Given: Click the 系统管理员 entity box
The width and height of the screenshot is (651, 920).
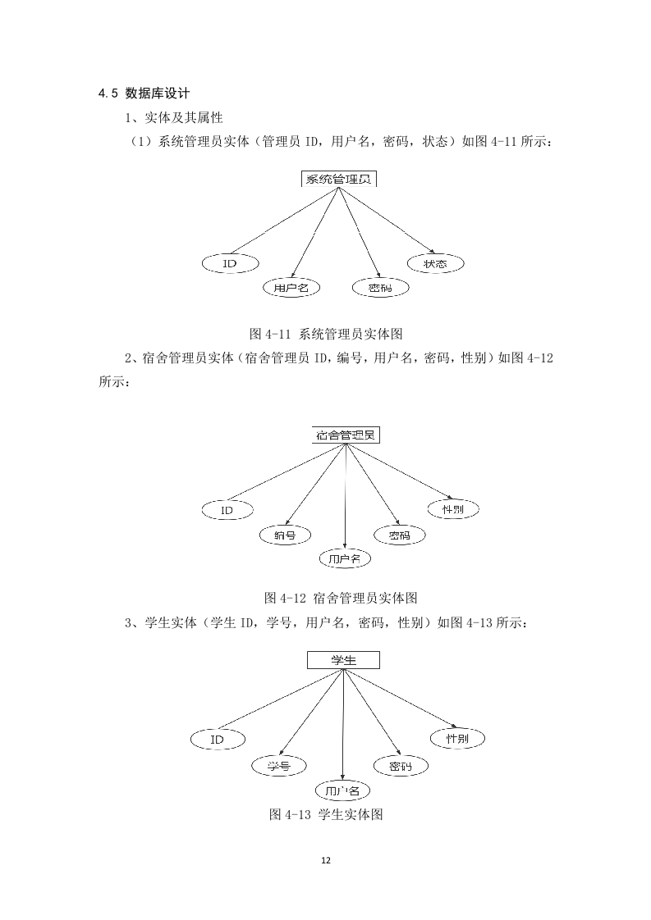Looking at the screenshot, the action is point(339,179).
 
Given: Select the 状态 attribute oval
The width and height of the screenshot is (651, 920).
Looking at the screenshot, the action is point(435,263).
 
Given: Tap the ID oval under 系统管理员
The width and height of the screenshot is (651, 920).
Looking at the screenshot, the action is point(231,263).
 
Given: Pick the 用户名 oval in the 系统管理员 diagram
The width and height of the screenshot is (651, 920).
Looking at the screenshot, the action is point(291,288).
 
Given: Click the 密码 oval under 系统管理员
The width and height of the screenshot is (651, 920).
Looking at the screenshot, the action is point(380,288).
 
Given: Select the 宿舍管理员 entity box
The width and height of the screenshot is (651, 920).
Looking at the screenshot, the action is point(346,435).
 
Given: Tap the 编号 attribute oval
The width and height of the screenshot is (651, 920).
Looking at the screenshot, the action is point(285,535).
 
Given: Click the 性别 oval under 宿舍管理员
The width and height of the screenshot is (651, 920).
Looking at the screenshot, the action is point(453,508).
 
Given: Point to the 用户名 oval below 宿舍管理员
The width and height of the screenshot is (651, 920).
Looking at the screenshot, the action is point(345,558).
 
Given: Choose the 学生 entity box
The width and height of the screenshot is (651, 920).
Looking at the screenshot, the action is point(344,660).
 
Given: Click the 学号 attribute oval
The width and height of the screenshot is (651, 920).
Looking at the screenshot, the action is point(279,766).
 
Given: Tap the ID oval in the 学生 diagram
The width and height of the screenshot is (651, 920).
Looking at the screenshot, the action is point(218,740).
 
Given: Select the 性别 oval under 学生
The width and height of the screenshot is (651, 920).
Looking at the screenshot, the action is point(457,738).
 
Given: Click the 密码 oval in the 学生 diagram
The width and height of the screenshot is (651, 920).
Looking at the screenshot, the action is point(401,766).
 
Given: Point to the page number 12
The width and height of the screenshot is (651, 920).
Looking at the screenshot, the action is point(326,860).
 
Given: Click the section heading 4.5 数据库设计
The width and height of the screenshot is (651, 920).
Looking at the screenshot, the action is point(144,93).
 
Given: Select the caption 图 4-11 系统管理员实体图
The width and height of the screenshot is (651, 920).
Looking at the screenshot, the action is point(326,334).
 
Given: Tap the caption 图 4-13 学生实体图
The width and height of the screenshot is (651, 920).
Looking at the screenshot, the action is point(326,813).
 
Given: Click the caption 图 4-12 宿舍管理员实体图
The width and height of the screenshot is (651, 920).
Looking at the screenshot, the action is point(341,598).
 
